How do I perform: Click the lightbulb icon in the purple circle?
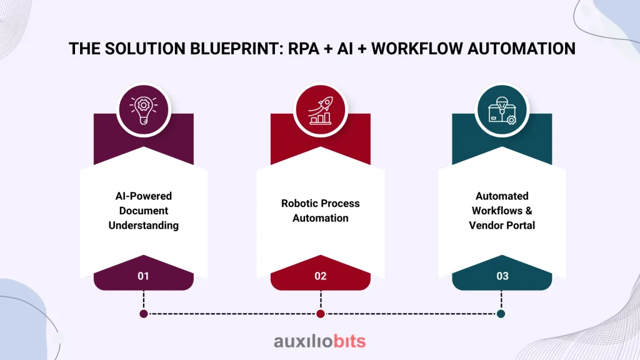pyautogui.click(x=144, y=110)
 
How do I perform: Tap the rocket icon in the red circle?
pyautogui.click(x=321, y=110)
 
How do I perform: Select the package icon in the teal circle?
pyautogui.click(x=502, y=110)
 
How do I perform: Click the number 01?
pyautogui.click(x=143, y=276)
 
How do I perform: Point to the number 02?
pyautogui.click(x=321, y=276)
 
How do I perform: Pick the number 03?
pyautogui.click(x=502, y=276)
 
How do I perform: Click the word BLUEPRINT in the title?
pyautogui.click(x=236, y=49)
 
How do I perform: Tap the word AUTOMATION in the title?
pyautogui.click(x=521, y=49)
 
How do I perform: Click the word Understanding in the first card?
pyautogui.click(x=144, y=225)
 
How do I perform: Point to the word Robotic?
pyautogui.click(x=297, y=203)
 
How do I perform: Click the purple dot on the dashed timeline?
pyautogui.click(x=144, y=314)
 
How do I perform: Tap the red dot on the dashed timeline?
pyautogui.click(x=321, y=314)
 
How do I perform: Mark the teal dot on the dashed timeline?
pyautogui.click(x=501, y=314)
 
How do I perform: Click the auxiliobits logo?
pyautogui.click(x=320, y=341)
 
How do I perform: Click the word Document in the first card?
pyautogui.click(x=144, y=211)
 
